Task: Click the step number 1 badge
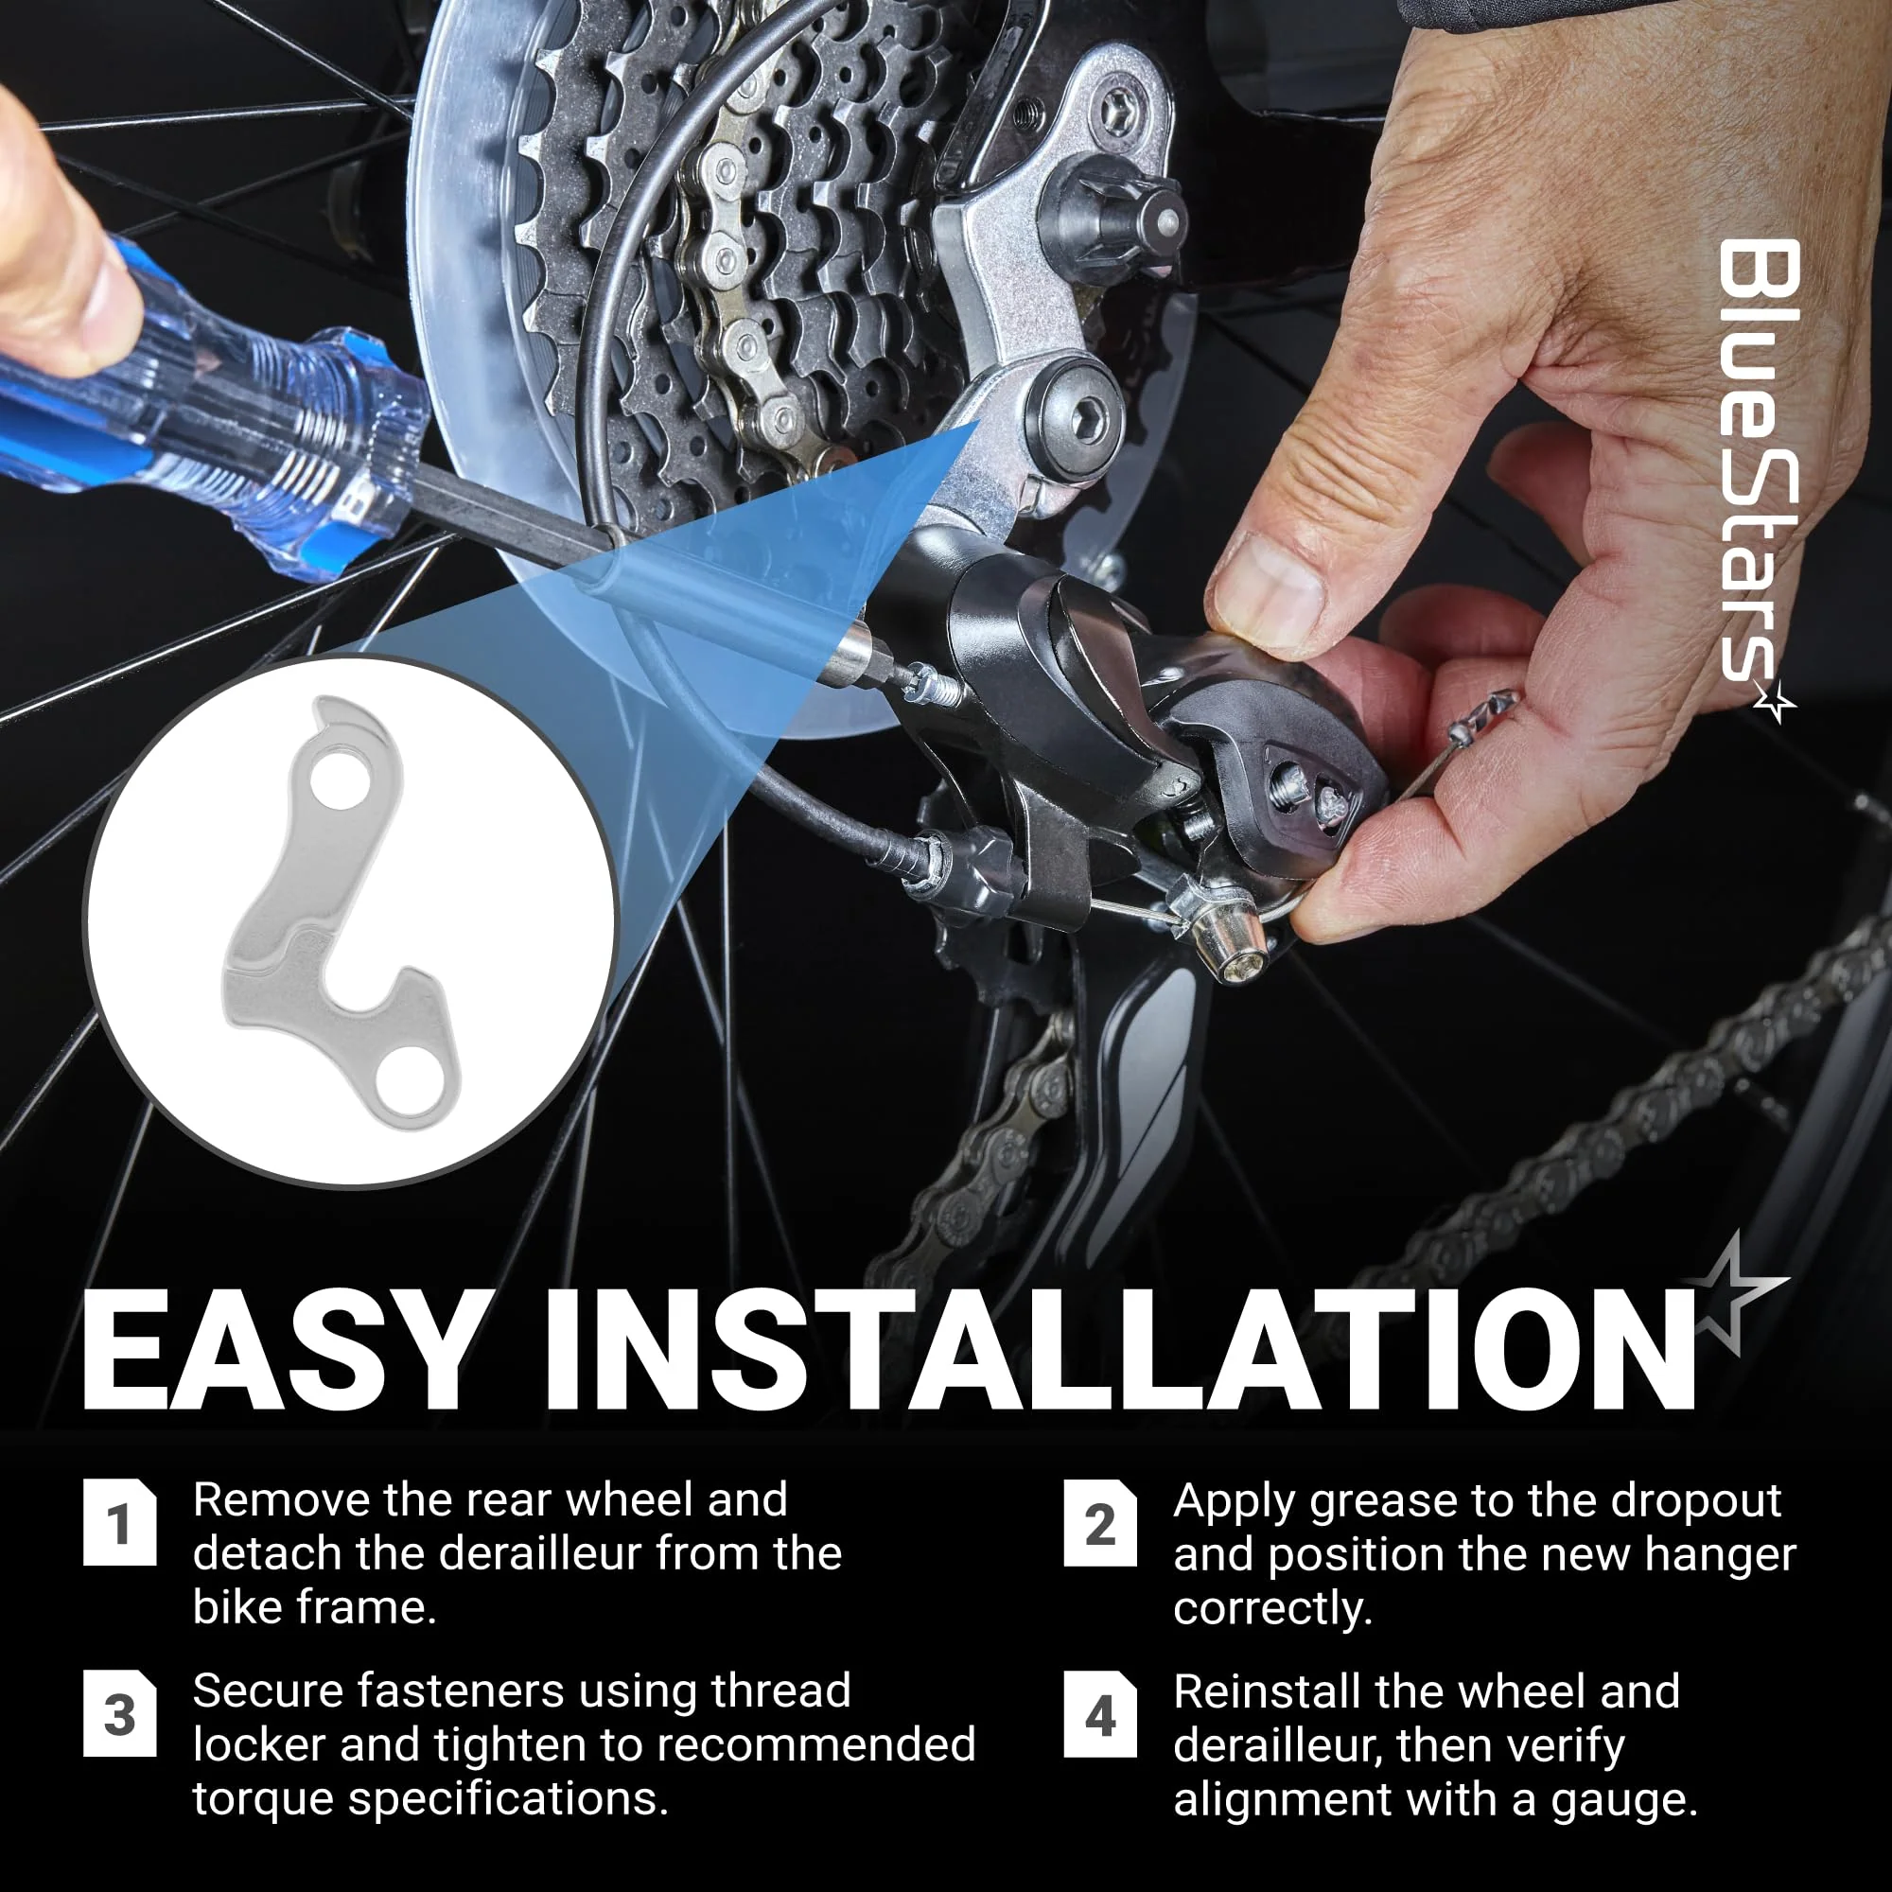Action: pyautogui.click(x=119, y=1522)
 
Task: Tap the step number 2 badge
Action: pyautogui.click(x=1100, y=1523)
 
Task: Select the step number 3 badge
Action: pyautogui.click(x=119, y=1713)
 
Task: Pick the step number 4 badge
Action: pyautogui.click(x=1100, y=1714)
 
